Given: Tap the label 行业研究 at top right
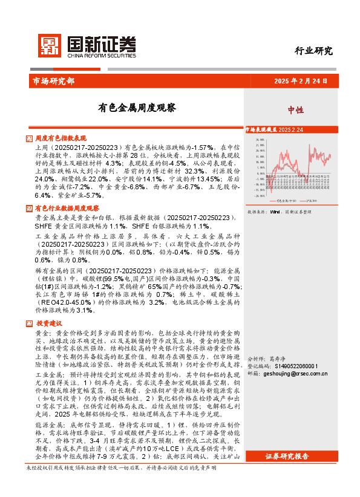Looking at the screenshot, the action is point(313,51).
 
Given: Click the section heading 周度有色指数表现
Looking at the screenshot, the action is point(61,138).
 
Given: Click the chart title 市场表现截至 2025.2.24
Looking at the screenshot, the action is point(277,129).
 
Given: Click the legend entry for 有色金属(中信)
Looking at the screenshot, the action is point(286,200).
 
